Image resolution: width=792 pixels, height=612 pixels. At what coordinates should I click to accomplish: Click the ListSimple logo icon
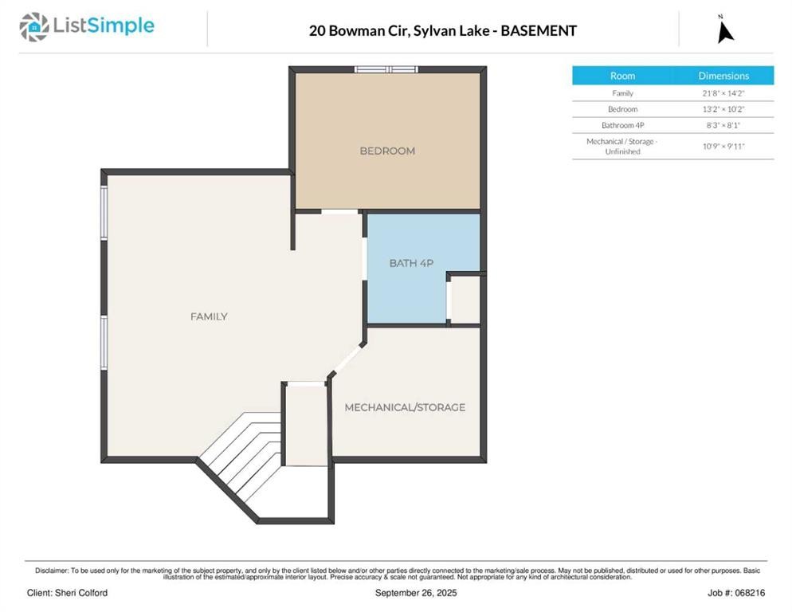pos(34,27)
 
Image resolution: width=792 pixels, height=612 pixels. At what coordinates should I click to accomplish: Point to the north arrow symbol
pos(724,30)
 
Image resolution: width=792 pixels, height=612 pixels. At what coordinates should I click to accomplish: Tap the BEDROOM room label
pos(387,151)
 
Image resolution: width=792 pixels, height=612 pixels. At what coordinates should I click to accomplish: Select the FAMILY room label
pos(209,316)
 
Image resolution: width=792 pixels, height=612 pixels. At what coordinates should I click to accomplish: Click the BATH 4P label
pos(411,262)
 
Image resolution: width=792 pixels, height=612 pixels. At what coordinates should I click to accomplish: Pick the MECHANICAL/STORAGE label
pos(405,407)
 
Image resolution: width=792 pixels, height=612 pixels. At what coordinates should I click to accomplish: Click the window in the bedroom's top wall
pos(386,69)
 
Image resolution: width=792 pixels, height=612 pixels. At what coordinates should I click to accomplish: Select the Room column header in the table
pos(622,76)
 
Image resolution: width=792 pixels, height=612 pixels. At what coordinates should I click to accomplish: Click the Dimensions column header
pos(723,76)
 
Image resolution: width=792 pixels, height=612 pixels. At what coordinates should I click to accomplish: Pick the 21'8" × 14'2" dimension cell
pos(723,93)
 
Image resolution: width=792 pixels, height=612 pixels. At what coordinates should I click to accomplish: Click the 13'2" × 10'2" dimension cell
pos(723,109)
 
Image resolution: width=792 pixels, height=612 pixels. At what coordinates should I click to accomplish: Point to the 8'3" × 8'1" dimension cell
pos(723,125)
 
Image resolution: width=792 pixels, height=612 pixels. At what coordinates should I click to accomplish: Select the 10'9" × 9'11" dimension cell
pos(723,146)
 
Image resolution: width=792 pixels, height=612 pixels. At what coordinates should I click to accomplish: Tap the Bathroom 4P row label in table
pos(622,125)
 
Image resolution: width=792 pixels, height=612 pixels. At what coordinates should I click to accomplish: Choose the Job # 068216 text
pos(735,593)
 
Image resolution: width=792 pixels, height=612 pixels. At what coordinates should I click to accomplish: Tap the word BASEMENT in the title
pos(540,31)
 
